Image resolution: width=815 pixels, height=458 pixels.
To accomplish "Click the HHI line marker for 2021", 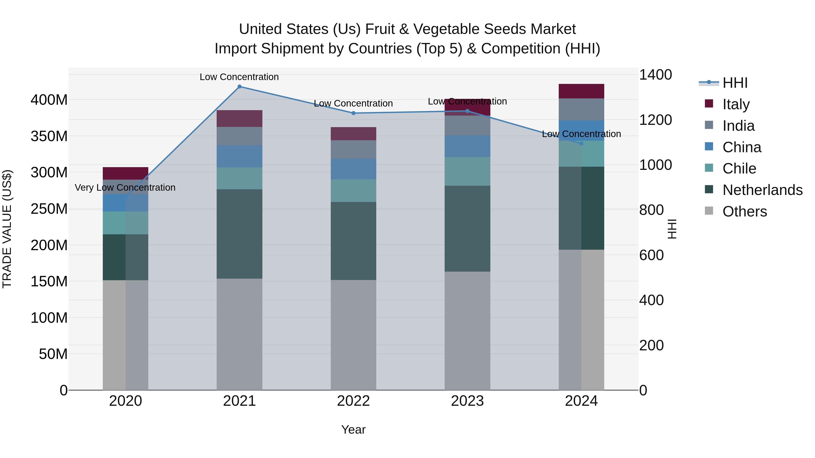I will tap(239, 87).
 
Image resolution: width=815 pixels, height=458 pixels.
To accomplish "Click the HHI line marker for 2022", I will tap(353, 113).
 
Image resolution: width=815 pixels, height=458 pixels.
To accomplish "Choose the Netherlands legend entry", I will tap(762, 190).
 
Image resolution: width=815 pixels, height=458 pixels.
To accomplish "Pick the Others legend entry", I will tap(744, 211).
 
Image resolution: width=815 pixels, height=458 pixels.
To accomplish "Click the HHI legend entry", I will tap(735, 83).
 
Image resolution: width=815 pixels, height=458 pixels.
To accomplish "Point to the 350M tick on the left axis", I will tap(49, 136).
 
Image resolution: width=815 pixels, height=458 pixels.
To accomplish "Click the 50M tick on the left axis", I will tap(53, 354).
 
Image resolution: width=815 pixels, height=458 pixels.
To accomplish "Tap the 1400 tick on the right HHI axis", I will tap(655, 75).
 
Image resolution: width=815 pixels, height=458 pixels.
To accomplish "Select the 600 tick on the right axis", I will tap(651, 255).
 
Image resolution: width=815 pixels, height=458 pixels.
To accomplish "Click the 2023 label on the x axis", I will tap(467, 401).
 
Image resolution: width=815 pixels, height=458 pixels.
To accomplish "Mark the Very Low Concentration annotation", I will tap(125, 187).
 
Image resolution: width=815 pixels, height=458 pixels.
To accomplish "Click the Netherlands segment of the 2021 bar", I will tap(239, 234).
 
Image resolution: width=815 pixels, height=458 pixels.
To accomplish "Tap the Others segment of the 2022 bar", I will tap(353, 335).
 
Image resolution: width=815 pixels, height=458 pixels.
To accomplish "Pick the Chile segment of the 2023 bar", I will tap(467, 171).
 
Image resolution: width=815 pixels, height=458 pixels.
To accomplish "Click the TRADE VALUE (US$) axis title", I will tap(7, 229).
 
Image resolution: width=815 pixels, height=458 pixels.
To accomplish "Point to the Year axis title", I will tap(353, 430).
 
